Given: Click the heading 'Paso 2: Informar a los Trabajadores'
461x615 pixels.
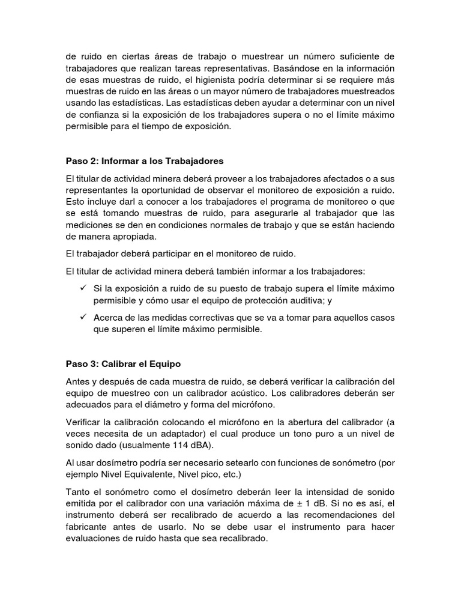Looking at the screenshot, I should [x=144, y=161].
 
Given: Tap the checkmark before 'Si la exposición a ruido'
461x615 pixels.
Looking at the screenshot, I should [x=83, y=288].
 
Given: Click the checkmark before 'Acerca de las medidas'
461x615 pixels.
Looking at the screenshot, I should [x=83, y=317].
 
